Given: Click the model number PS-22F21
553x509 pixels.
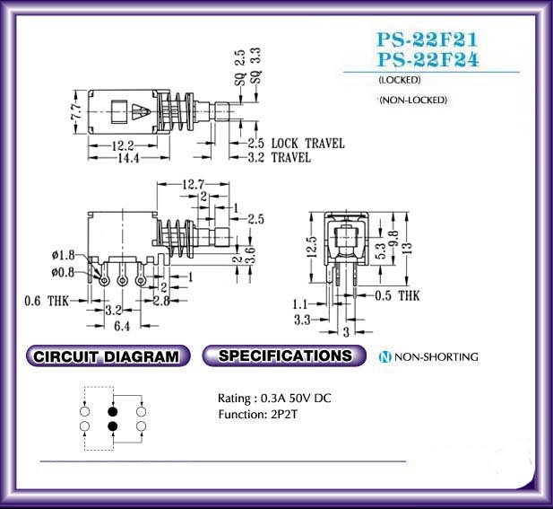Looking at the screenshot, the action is point(428,39).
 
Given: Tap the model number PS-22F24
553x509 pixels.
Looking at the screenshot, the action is point(428,59).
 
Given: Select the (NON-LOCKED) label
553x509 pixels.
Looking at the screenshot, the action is point(413,100).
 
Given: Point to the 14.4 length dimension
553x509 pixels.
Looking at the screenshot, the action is point(128,158).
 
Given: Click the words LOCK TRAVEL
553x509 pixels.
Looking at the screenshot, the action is point(308,144).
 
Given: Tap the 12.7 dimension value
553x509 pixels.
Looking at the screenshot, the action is point(193,184).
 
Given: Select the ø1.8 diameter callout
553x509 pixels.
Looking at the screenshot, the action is point(63,255).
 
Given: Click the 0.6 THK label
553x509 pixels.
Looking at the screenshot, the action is point(47,302).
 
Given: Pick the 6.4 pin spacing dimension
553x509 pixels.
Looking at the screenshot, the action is point(122,326).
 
